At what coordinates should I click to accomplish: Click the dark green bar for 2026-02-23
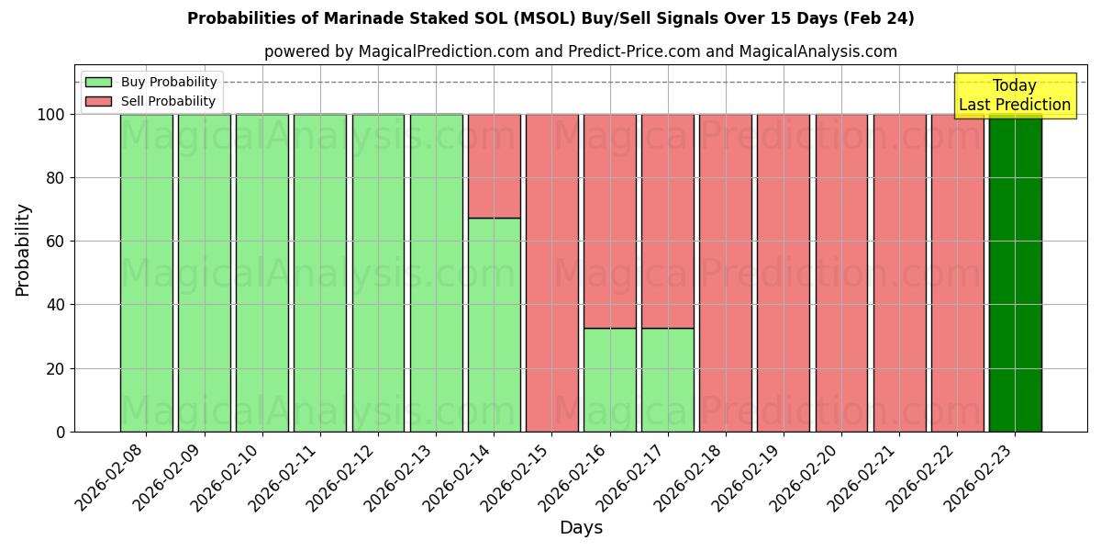(1015, 273)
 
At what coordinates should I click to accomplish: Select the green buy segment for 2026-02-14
(494, 324)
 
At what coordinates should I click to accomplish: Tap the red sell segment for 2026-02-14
(494, 166)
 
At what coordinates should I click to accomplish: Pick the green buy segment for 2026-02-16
(610, 379)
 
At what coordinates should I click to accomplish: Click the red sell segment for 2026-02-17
(668, 220)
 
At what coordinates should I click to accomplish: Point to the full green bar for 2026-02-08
(146, 273)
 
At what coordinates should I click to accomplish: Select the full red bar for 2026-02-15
(551, 273)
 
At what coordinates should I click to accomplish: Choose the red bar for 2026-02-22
(957, 273)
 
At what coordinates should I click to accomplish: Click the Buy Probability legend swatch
(98, 83)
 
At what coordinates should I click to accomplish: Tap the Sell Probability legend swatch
(98, 102)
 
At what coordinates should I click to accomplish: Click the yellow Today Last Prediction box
(1014, 96)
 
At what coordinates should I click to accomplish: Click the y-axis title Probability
(23, 250)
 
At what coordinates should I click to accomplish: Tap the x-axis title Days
(581, 528)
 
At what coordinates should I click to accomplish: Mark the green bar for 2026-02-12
(378, 273)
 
